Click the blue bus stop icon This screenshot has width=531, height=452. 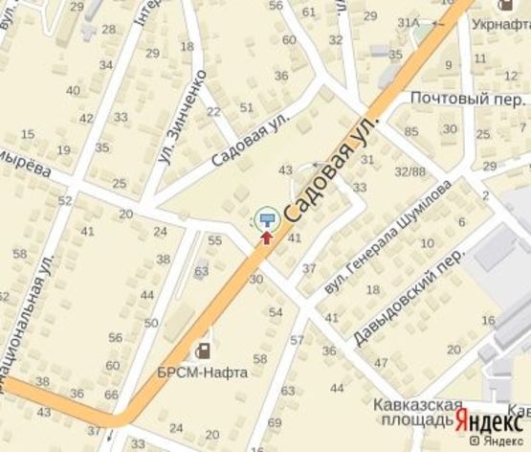266,218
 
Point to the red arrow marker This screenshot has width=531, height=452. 266,235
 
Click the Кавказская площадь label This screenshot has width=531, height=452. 407,413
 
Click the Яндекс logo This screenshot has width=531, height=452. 488,420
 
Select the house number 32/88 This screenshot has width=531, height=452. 412,171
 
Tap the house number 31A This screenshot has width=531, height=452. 409,22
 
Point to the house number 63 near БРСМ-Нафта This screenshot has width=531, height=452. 201,271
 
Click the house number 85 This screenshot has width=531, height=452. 411,131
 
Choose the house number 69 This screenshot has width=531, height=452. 276,422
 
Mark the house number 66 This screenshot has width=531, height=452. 110,395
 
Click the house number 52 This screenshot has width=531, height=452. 65,200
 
